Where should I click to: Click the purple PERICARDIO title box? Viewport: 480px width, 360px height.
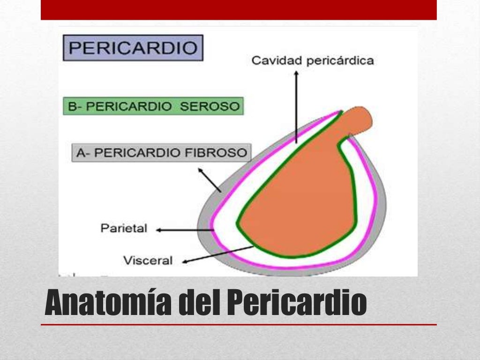[x=133, y=48]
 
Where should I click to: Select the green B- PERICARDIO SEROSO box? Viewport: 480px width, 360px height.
[x=153, y=106]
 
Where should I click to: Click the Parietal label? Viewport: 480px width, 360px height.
[x=124, y=229]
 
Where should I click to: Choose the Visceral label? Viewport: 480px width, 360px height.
[x=148, y=260]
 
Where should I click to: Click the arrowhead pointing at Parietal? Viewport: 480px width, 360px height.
[x=159, y=230]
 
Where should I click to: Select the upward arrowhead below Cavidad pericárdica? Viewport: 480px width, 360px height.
[x=296, y=74]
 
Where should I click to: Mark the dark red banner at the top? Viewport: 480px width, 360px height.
[x=239, y=10]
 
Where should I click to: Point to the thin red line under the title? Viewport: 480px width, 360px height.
[x=239, y=324]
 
